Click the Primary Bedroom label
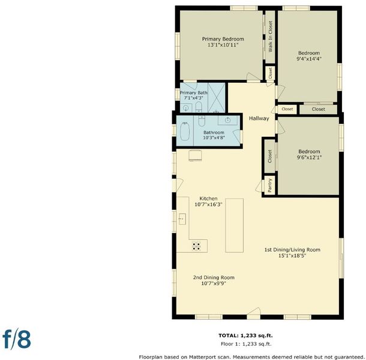point(223,39)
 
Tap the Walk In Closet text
point(270,37)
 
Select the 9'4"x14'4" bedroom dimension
point(309,59)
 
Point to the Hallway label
point(259,118)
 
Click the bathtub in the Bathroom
point(185,131)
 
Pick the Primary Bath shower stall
point(217,98)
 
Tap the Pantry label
point(270,185)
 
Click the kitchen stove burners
point(196,246)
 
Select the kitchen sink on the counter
point(182,219)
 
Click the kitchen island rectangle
point(235,226)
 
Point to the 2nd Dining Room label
point(214,278)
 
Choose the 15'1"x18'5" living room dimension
point(292,256)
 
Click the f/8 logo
point(17,340)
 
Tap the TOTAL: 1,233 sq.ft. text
point(245,336)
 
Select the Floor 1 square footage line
point(246,344)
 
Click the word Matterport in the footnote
point(200,357)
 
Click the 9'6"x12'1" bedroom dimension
point(309,157)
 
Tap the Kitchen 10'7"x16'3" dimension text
point(208,205)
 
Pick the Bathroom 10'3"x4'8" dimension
point(214,138)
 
